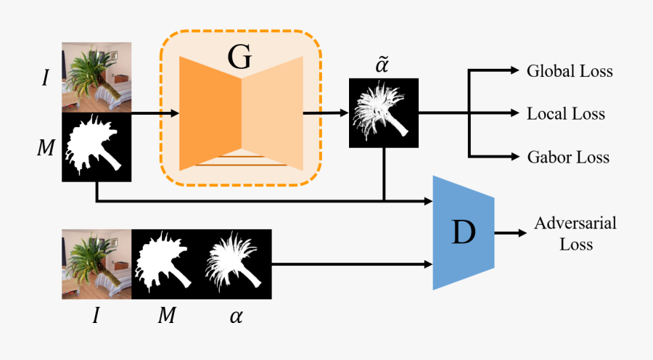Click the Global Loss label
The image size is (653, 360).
pos(570,71)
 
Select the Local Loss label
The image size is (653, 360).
pos(566,114)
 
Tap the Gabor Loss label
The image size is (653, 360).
pos(568,157)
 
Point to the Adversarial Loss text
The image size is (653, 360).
pos(575,233)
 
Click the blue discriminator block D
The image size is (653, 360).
pos(464,232)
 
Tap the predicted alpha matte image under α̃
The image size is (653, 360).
pos(384,113)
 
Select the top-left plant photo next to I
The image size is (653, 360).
pos(96,77)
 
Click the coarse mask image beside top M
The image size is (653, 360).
pos(96,147)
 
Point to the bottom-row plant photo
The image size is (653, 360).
pos(96,264)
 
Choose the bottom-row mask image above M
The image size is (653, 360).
pos(166,264)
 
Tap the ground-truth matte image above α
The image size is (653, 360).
pos(237,264)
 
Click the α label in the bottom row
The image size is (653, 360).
pos(237,316)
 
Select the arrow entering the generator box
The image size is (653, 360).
pos(156,112)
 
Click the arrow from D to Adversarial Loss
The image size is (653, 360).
pos(512,233)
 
